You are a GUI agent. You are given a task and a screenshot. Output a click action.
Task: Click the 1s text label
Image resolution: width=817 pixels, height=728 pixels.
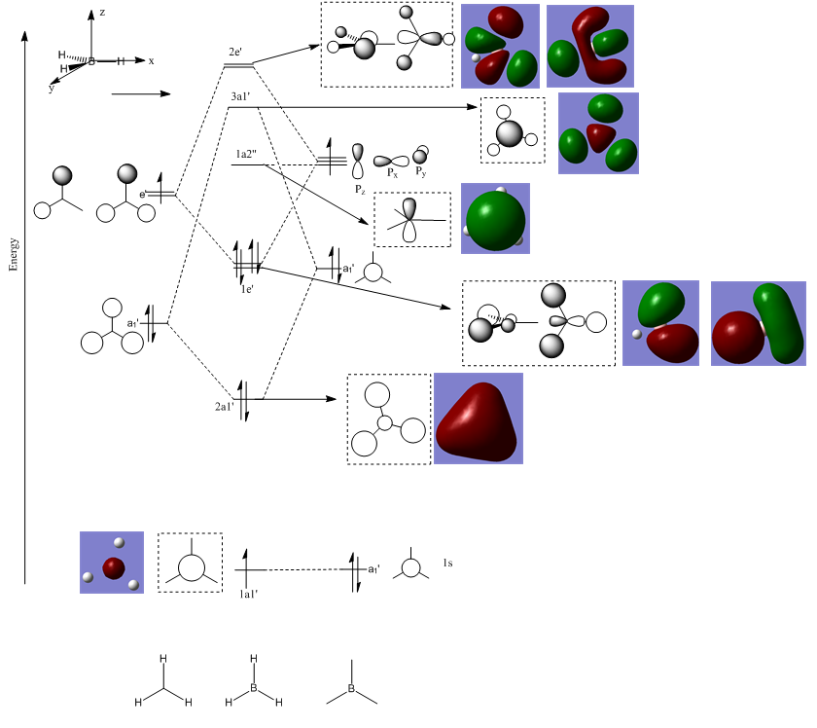point(447,564)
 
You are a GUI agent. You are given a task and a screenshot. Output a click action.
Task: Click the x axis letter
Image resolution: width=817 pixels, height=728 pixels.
point(151,60)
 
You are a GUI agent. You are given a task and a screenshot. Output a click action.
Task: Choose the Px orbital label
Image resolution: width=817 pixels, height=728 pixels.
point(393,173)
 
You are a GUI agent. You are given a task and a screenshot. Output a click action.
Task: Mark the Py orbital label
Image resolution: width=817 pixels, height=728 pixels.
point(421,172)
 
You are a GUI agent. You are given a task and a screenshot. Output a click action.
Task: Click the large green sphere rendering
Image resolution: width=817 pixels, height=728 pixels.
point(496,219)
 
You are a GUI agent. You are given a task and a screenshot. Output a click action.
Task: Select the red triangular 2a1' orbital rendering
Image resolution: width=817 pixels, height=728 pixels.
point(478,418)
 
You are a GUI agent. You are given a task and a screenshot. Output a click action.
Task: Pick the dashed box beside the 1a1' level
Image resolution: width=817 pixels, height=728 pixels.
point(191,563)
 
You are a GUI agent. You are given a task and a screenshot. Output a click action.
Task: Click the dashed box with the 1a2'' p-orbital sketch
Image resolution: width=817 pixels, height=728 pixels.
point(412,219)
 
